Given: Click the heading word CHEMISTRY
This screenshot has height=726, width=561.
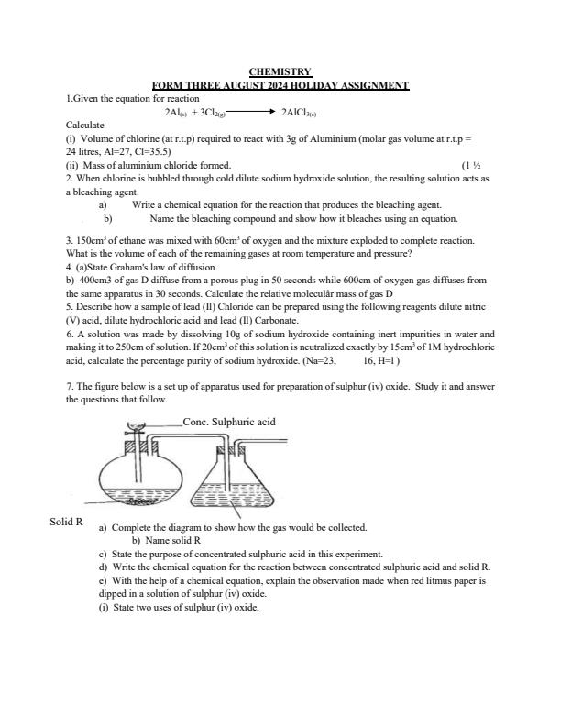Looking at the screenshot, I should pyautogui.click(x=280, y=71).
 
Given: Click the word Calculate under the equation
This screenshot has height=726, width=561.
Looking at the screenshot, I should pyautogui.click(x=85, y=124).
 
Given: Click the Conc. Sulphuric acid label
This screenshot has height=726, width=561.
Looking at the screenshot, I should pyautogui.click(x=229, y=422).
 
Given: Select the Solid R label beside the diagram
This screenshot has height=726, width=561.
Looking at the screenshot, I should pyautogui.click(x=67, y=522).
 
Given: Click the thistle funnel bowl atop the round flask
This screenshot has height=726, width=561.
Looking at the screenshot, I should pyautogui.click(x=137, y=426).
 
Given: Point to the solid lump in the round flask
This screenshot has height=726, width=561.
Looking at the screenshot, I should pyautogui.click(x=139, y=502).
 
